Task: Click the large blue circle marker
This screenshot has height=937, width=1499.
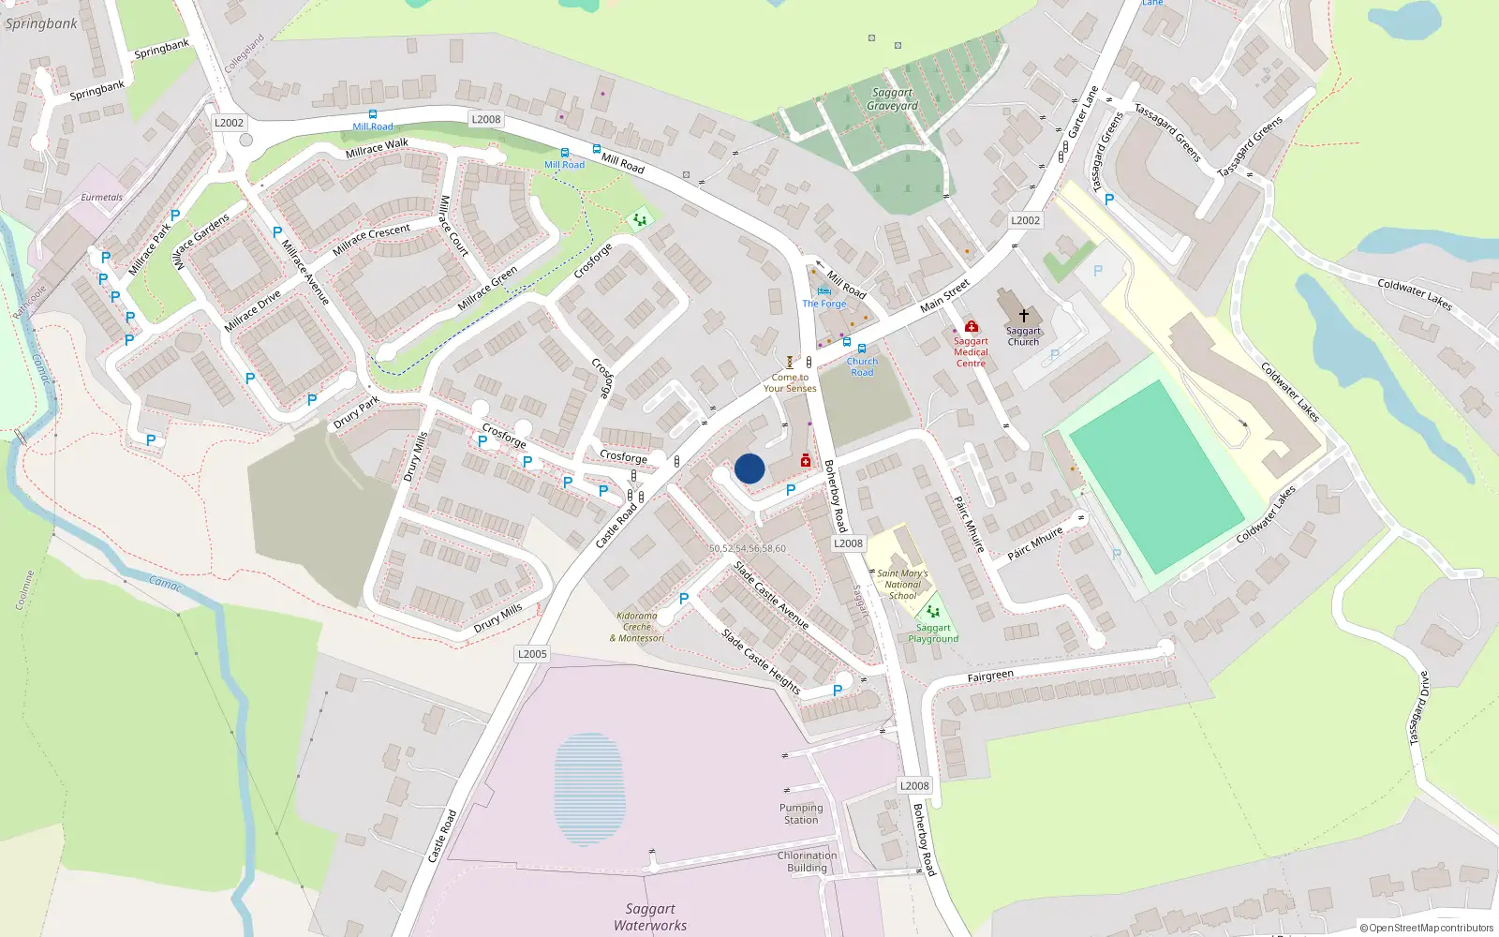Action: pyautogui.click(x=749, y=468)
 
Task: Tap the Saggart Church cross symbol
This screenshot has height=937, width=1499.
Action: pyautogui.click(x=1024, y=316)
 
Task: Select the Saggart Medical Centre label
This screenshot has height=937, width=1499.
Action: pyautogui.click(x=971, y=352)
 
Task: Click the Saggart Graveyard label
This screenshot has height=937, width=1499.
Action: pyautogui.click(x=892, y=99)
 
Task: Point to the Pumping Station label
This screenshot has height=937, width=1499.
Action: pyautogui.click(x=801, y=813)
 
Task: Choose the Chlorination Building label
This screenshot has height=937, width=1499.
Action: pyautogui.click(x=807, y=861)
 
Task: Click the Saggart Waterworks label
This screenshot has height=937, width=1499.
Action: pyautogui.click(x=650, y=917)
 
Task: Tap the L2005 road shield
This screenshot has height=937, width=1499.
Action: pyautogui.click(x=532, y=654)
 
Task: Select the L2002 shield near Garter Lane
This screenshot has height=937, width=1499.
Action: pyautogui.click(x=1025, y=220)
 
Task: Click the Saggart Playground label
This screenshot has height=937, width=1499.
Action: pyautogui.click(x=933, y=633)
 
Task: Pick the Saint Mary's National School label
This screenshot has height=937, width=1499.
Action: pyautogui.click(x=902, y=585)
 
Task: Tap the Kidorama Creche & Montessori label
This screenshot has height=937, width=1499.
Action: pyautogui.click(x=637, y=627)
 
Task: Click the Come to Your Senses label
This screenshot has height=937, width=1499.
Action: pyautogui.click(x=790, y=382)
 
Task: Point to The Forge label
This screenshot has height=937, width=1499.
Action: pyautogui.click(x=824, y=304)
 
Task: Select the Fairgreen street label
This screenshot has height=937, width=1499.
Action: pyautogui.click(x=990, y=676)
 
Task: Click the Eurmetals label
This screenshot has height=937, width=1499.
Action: pyautogui.click(x=101, y=198)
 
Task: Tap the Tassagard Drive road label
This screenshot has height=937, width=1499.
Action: pyautogui.click(x=1419, y=708)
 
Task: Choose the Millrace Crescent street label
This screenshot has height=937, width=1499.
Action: pyautogui.click(x=371, y=239)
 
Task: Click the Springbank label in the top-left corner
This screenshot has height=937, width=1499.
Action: pyautogui.click(x=41, y=24)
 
